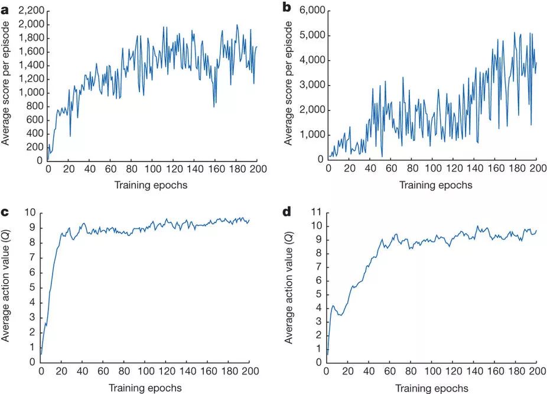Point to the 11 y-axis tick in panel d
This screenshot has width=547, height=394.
(x=317, y=212)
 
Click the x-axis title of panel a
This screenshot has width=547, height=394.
(x=151, y=185)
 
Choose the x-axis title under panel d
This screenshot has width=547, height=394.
(x=432, y=388)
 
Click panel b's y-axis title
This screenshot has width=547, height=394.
(x=289, y=85)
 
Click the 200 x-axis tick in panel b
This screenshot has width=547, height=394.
(x=536, y=169)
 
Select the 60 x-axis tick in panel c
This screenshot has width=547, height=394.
(x=103, y=372)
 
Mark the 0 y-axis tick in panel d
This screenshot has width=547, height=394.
(x=319, y=362)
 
